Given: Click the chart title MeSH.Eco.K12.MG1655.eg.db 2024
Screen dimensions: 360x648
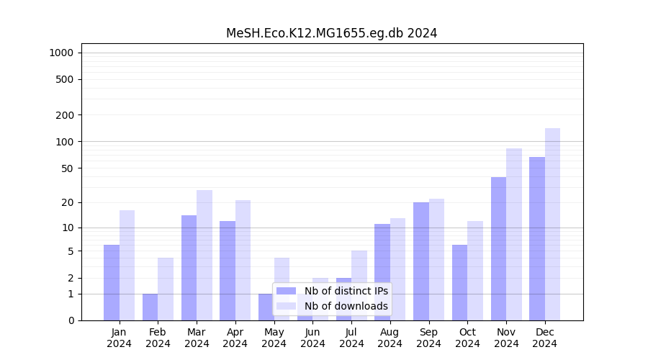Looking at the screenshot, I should pyautogui.click(x=331, y=33).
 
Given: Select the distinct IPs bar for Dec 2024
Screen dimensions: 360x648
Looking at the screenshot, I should pyautogui.click(x=537, y=238).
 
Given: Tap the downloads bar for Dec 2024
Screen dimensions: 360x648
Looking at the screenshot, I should pyautogui.click(x=552, y=224).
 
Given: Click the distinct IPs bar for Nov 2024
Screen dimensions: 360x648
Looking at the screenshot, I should pyautogui.click(x=498, y=248).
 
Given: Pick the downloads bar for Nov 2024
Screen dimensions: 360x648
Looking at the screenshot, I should pyautogui.click(x=514, y=234).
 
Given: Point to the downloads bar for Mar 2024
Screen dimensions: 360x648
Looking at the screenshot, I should pyautogui.click(x=204, y=255).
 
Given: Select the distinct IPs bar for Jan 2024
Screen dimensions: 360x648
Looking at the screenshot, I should pyautogui.click(x=112, y=282).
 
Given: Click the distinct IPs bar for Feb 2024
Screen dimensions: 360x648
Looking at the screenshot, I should pyautogui.click(x=150, y=307).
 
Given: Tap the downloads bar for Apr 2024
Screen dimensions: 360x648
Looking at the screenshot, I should pyautogui.click(x=243, y=260).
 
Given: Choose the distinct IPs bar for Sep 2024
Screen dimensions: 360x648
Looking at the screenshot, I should pyautogui.click(x=421, y=261).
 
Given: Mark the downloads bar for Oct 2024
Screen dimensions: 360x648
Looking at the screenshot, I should pyautogui.click(x=475, y=271).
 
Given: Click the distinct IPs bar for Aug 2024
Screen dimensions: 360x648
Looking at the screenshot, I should pyautogui.click(x=382, y=272).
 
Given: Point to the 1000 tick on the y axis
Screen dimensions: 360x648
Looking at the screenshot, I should pyautogui.click(x=61, y=53).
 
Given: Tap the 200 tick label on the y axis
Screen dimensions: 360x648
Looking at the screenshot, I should pyautogui.click(x=65, y=115).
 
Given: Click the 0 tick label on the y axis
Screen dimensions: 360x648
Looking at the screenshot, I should pyautogui.click(x=71, y=320).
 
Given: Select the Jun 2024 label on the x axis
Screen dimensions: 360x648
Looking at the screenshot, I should pyautogui.click(x=312, y=338).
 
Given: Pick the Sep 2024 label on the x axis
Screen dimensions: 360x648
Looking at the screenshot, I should pyautogui.click(x=428, y=338).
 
